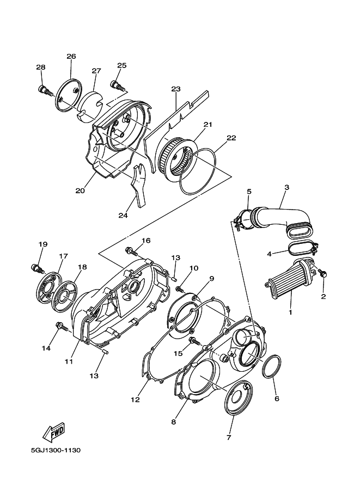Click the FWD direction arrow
tap(54, 432)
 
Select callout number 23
tap(176, 89)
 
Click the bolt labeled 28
tap(46, 90)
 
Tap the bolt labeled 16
tap(132, 251)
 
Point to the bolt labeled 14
tap(63, 326)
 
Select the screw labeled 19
tap(37, 268)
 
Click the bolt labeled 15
tap(194, 341)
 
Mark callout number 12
tap(135, 400)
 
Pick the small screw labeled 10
tap(180, 289)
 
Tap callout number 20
tap(80, 191)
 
